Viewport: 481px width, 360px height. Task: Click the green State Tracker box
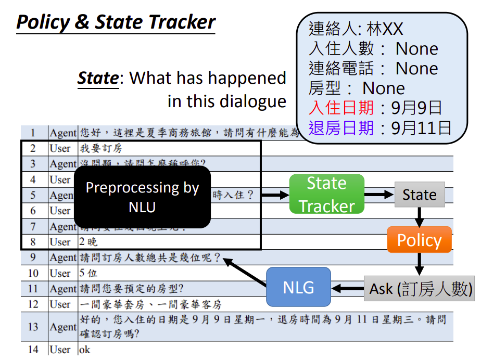point(326,195)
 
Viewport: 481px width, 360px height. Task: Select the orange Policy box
point(419,240)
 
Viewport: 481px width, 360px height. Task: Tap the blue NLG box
point(298,287)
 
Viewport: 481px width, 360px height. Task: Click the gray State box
point(419,195)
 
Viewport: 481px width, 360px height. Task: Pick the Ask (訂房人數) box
point(420,289)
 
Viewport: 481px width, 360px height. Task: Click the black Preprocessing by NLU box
point(142,197)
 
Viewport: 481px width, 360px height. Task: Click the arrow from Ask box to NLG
point(347,288)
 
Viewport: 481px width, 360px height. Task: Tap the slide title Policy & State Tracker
point(116,22)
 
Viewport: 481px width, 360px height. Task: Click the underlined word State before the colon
point(98,78)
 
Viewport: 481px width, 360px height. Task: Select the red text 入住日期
point(341,108)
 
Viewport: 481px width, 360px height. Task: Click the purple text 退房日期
point(341,127)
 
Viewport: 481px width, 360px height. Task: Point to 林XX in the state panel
point(385,29)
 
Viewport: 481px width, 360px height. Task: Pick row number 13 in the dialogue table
point(33,327)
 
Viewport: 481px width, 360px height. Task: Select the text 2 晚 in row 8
point(88,242)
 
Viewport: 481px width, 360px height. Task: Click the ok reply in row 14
point(84,350)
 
